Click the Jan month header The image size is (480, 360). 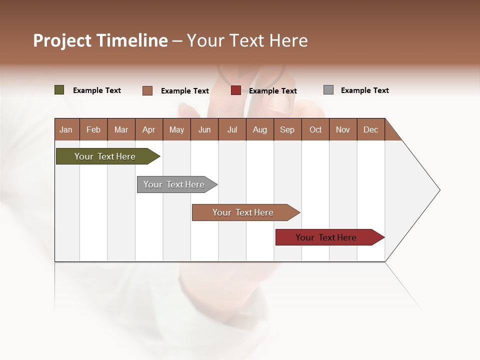coord(66,130)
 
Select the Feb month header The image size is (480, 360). coord(93,130)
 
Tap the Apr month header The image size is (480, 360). coord(149,130)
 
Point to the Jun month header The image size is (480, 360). coord(204,130)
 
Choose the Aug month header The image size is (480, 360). coord(260,130)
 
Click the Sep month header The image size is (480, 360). coord(287,130)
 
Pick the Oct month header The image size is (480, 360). coord(315,130)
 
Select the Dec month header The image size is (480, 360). coord(371,130)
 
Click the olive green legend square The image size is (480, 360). coord(59,90)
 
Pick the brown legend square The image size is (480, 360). coord(147,90)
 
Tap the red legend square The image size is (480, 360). coord(236,90)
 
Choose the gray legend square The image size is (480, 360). coord(328,90)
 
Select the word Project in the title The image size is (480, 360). coord(62,40)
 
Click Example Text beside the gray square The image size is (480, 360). coord(364,90)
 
